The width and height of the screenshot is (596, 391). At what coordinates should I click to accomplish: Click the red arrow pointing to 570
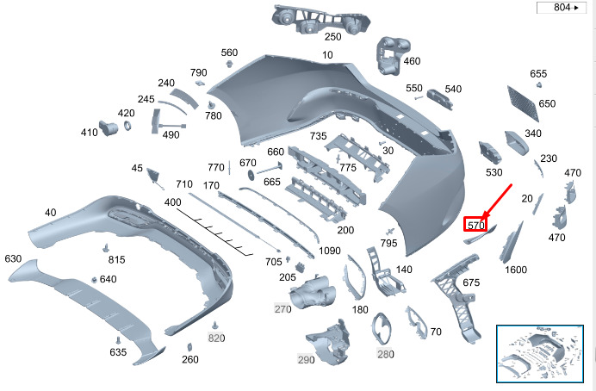click(496, 202)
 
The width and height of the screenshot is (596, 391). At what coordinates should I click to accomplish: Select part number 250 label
click(332, 37)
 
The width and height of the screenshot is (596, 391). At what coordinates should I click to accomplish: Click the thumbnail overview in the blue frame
click(540, 353)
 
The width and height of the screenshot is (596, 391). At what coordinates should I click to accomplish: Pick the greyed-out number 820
click(216, 338)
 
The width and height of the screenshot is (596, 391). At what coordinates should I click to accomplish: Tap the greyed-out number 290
click(306, 359)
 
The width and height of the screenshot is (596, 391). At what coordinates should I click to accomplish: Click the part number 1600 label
click(516, 270)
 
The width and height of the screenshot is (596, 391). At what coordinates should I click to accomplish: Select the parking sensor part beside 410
click(108, 128)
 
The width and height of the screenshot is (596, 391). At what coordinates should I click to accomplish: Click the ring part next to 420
click(127, 126)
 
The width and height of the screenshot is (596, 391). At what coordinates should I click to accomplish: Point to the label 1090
click(330, 251)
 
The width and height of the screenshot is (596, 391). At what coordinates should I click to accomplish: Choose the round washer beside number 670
click(251, 175)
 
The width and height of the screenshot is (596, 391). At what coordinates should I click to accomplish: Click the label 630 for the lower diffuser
click(13, 258)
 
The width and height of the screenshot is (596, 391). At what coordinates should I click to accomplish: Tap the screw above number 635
click(118, 339)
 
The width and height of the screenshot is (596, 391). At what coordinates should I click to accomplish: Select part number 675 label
click(471, 282)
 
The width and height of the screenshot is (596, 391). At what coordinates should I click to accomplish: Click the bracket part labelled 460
click(392, 55)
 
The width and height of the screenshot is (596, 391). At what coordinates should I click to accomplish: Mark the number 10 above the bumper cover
click(327, 55)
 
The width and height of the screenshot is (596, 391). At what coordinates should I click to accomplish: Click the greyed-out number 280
click(386, 354)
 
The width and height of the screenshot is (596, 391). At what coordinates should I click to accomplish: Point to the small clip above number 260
click(189, 347)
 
